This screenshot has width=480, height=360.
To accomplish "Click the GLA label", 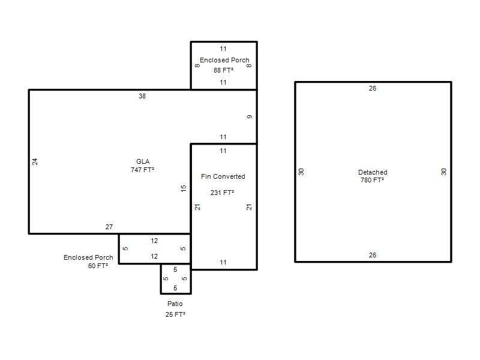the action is [143, 161].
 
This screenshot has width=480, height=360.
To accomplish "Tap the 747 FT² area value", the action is [142, 170].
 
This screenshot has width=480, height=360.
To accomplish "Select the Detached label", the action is [373, 172].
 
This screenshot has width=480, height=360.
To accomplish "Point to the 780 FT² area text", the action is [372, 180].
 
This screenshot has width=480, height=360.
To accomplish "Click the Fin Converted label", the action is [223, 176].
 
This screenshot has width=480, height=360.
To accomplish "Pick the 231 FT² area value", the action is [222, 193].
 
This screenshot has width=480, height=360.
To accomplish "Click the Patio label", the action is [175, 304].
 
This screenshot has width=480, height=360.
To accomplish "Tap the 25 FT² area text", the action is [175, 314].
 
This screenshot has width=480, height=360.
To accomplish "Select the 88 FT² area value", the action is [223, 70].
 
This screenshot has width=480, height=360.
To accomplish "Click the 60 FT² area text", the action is [98, 266].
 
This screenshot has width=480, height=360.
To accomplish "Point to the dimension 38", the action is [142, 96].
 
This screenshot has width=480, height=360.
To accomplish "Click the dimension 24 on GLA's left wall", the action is [35, 161].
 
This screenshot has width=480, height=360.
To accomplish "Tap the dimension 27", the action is [109, 227].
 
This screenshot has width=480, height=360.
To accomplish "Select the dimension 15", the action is [184, 188].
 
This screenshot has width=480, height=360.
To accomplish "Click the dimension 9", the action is [250, 116].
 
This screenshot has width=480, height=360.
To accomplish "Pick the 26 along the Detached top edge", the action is [372, 88].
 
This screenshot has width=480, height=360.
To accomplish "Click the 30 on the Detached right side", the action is [443, 172].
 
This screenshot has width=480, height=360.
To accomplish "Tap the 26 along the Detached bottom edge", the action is [372, 255].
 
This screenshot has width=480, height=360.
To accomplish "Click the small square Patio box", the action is [161, 278].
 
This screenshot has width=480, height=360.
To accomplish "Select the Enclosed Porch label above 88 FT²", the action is [224, 60].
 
